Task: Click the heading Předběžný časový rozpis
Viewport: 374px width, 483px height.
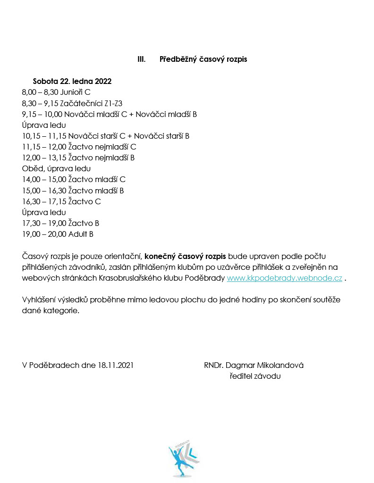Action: pos(203,59)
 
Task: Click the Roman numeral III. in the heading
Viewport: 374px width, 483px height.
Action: pos(141,59)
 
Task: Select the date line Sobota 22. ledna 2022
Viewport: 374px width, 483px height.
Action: pos(72,81)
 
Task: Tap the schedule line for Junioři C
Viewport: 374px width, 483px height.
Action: pos(56,92)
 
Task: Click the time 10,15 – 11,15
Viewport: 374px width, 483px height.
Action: pos(44,136)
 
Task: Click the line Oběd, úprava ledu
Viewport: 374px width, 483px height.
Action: pos(56,168)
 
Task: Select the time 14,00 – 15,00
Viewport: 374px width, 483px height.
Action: pos(44,179)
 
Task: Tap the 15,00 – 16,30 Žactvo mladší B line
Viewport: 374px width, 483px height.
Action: pos(73,191)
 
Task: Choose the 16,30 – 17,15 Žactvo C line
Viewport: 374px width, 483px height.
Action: pos(61,201)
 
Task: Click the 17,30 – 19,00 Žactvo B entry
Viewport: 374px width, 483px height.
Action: pos(60,223)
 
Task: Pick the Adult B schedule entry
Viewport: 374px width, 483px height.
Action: pos(58,234)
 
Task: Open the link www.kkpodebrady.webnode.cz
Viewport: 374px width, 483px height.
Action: pos(284,278)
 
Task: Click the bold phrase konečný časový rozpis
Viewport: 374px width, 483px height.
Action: pos(186,256)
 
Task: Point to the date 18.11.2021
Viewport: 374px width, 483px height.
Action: pos(116,365)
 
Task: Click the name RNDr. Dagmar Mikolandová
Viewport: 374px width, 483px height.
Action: pos(254,365)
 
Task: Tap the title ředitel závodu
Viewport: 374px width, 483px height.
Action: pos(255,376)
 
